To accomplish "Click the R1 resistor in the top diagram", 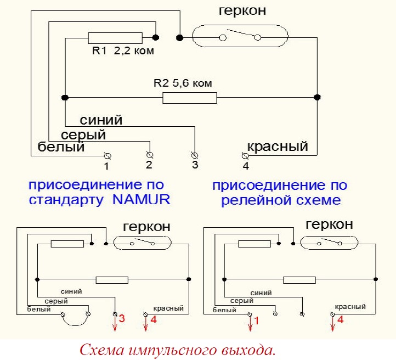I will [x=115, y=38].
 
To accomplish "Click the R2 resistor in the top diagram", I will [x=190, y=98].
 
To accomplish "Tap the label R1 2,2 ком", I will [x=123, y=52].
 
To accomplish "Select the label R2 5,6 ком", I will [x=182, y=84].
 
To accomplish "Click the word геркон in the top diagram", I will [x=242, y=10].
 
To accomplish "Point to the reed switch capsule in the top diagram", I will [x=240, y=37].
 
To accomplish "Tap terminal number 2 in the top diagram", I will [x=149, y=155].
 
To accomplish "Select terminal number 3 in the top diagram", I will [x=194, y=155].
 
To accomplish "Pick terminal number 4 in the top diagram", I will [x=245, y=155].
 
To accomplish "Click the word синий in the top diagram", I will [x=101, y=120].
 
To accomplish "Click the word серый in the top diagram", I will [x=83, y=134].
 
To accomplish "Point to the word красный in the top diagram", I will [x=278, y=147].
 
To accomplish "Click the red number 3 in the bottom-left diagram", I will [x=123, y=318].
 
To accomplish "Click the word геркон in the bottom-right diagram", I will [x=329, y=224].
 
